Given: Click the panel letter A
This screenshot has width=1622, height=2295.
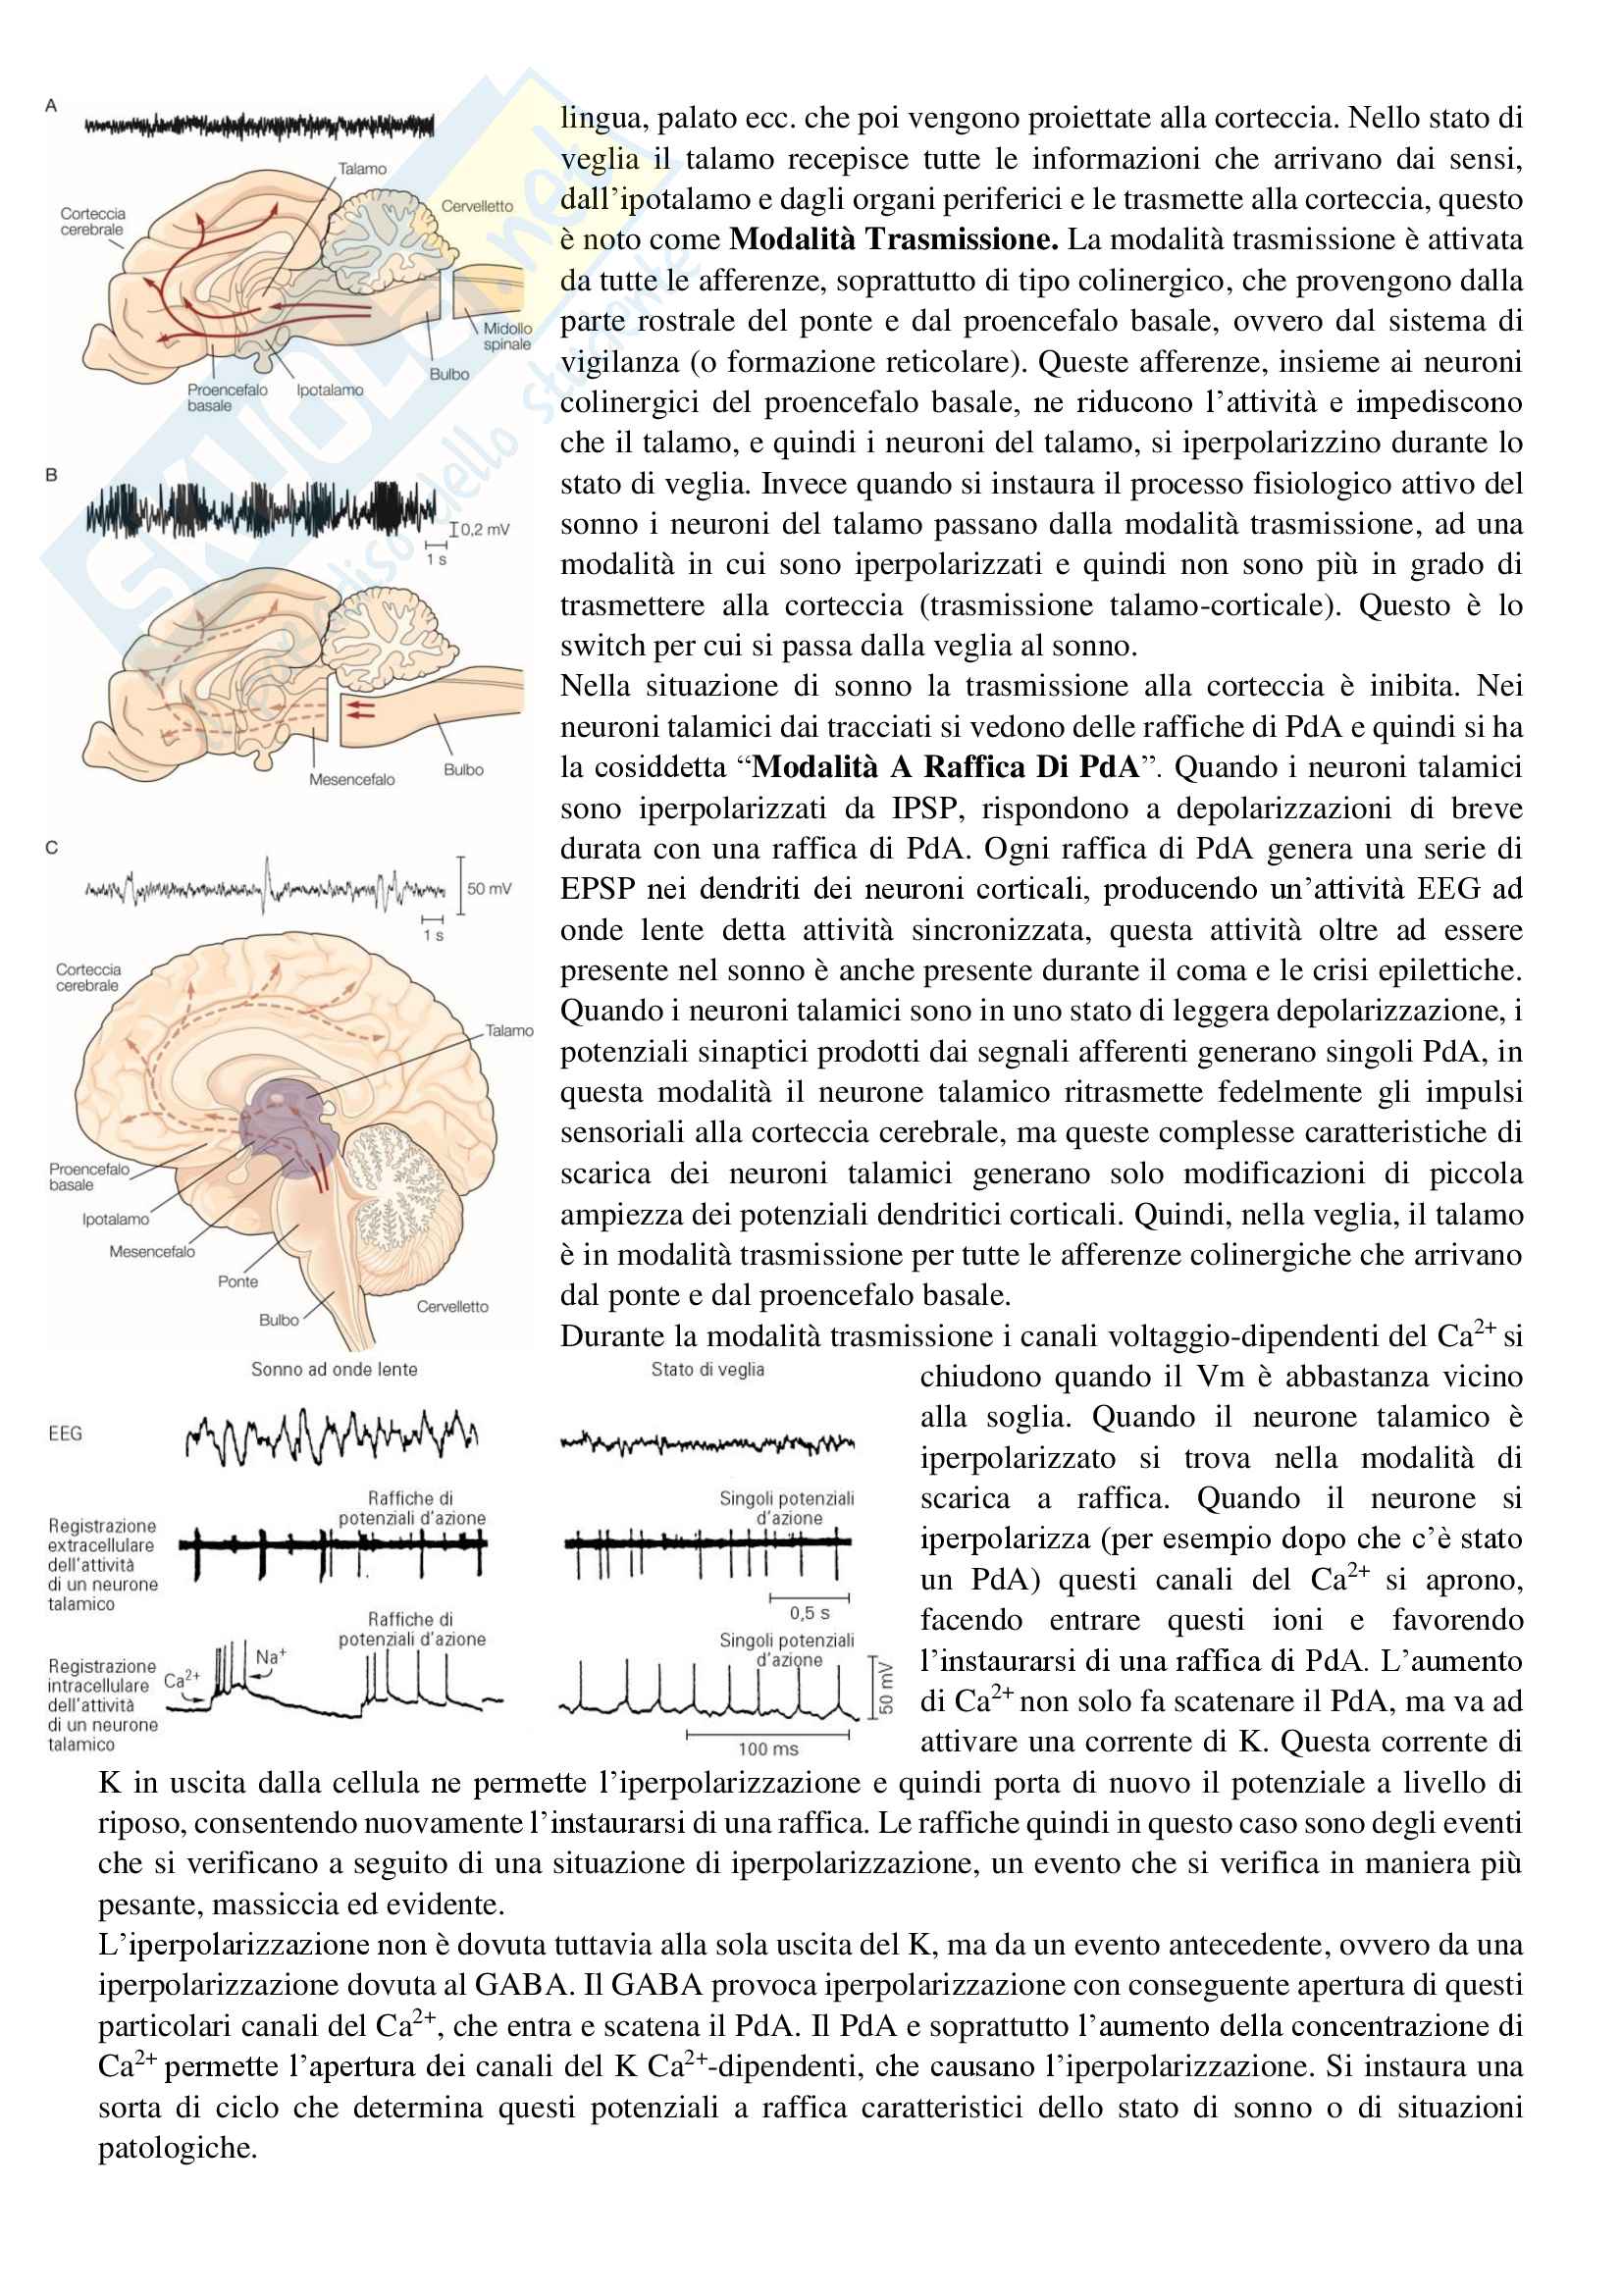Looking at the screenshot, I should coord(51,105).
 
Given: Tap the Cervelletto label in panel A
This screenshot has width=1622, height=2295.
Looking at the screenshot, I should coord(477,206).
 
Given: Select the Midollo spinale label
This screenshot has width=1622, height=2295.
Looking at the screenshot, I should coord(506,336).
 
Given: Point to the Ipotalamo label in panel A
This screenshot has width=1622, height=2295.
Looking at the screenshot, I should coord(330,390).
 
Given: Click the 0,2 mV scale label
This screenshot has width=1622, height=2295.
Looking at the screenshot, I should coord(485,530).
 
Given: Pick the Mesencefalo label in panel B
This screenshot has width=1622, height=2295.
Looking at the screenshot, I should coord(352,780).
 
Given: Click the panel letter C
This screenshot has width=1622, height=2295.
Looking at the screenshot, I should coord(52,848).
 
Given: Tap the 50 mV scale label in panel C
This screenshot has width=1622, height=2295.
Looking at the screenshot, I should coord(489,888).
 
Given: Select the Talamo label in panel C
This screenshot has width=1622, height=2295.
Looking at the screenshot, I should coord(509,1030).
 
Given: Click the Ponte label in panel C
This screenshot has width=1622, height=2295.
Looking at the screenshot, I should coord(237,1281).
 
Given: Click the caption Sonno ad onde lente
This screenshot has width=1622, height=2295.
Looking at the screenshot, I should coord(334,1370).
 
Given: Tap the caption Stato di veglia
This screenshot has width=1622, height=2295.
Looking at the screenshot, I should coord(707,1370).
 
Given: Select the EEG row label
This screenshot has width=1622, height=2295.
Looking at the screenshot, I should coord(66,1434).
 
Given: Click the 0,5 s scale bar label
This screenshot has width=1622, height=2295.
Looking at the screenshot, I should coord(810,1613).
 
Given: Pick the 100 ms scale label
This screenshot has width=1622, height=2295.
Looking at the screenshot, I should coord(767,1749).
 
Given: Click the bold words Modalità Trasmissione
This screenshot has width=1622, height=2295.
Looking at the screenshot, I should coord(894,239).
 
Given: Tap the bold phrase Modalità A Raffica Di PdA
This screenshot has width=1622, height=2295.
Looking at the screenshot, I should coord(945,767).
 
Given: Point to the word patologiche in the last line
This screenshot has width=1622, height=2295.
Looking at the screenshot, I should coord(177,2147).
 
